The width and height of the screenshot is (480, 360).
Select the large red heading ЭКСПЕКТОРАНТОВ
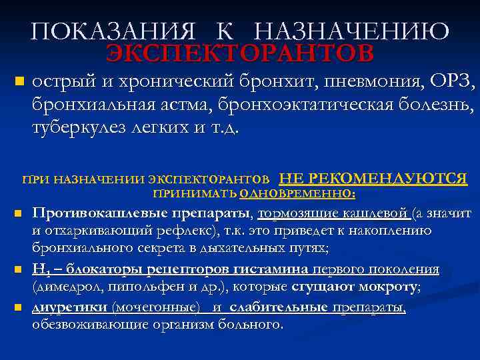point(241,53)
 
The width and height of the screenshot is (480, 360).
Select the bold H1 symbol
point(41,270)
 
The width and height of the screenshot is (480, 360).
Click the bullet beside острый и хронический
point(19,83)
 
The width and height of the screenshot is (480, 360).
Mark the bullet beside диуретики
point(19,308)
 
